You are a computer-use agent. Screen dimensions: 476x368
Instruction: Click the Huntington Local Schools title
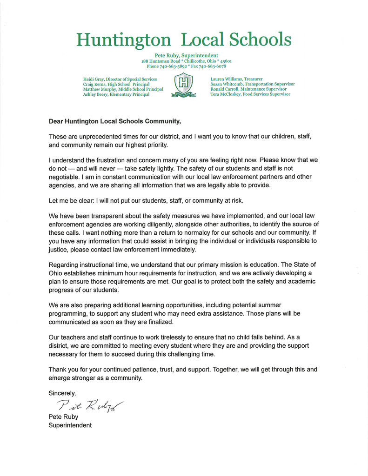click(184, 40)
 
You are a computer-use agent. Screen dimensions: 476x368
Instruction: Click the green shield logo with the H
click(184, 85)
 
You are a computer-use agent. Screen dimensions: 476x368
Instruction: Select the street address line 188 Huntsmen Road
click(186, 61)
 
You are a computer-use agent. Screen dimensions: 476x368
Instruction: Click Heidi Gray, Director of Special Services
click(120, 79)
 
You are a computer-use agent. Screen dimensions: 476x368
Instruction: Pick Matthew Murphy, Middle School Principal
click(123, 89)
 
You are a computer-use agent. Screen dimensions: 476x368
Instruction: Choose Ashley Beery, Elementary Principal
click(116, 94)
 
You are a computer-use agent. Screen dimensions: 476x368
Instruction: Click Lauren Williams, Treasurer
click(236, 79)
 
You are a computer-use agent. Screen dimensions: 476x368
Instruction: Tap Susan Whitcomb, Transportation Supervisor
click(252, 84)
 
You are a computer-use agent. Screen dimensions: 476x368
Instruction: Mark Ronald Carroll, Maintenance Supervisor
click(248, 89)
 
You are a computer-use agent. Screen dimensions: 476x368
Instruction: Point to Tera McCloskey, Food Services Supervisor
click(250, 94)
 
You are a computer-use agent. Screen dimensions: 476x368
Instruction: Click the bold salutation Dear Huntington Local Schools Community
click(114, 122)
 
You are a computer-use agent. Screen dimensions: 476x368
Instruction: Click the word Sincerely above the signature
click(62, 393)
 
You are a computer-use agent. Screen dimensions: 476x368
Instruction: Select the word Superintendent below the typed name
click(70, 425)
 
